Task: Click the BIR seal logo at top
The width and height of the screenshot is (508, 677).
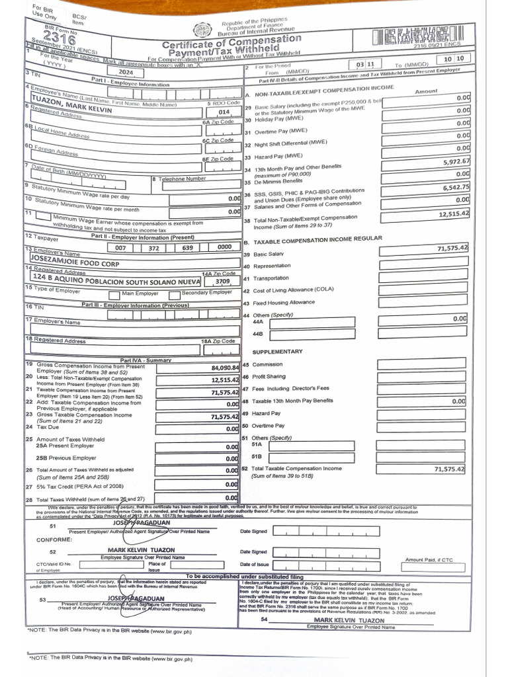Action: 200,28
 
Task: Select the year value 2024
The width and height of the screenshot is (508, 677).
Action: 125,73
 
